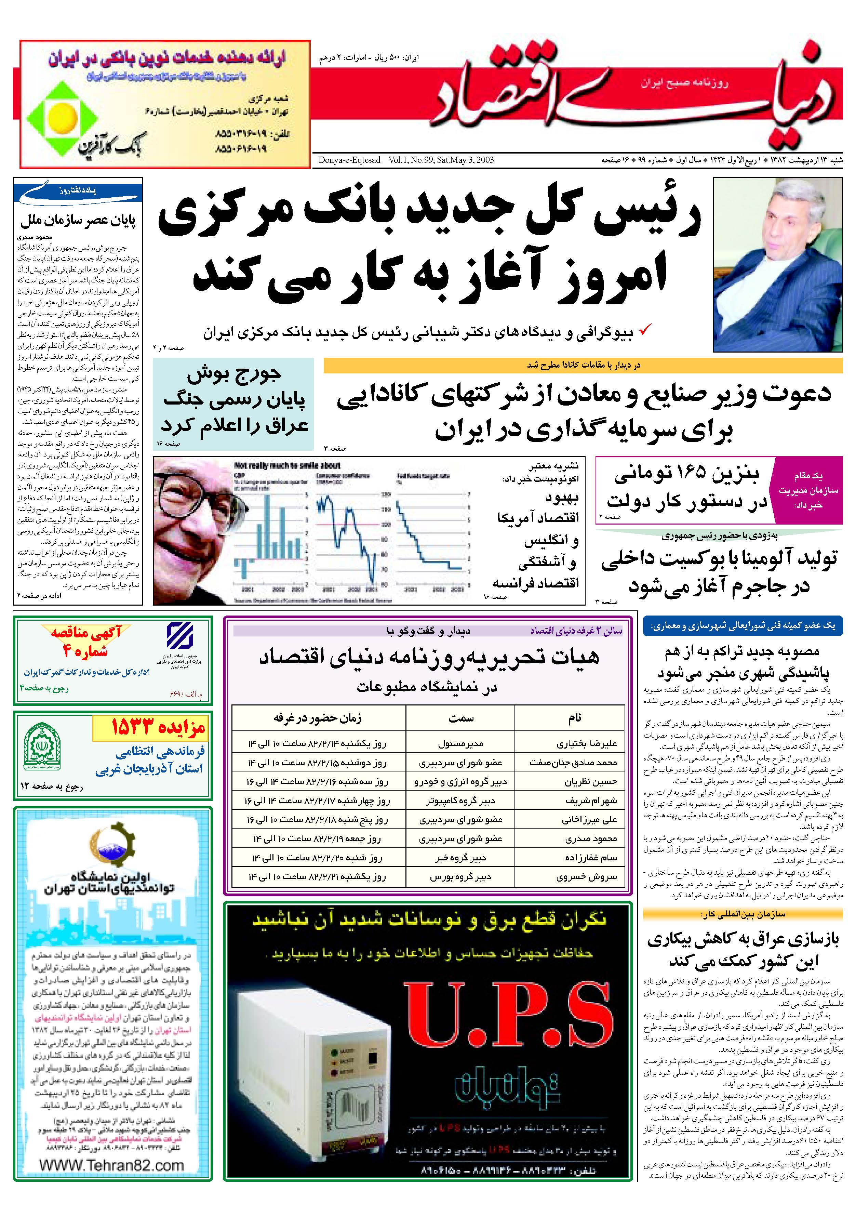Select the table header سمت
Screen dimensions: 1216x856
pyautogui.click(x=460, y=718)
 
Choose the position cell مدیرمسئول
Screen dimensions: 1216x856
pyautogui.click(x=460, y=743)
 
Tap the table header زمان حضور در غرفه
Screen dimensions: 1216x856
pyautogui.click(x=318, y=718)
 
